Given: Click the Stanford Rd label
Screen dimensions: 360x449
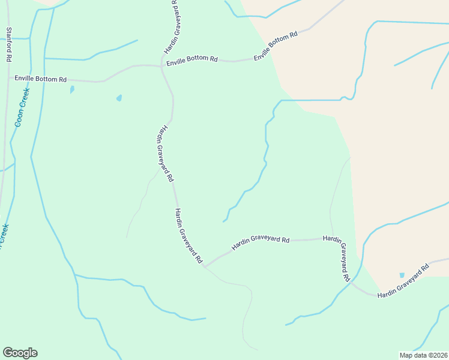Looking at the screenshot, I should pyautogui.click(x=9, y=45).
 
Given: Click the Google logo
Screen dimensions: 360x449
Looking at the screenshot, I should pyautogui.click(x=20, y=353).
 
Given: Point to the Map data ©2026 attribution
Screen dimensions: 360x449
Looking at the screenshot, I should pyautogui.click(x=423, y=355).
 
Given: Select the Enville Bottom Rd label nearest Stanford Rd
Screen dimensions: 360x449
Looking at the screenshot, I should pyautogui.click(x=41, y=79).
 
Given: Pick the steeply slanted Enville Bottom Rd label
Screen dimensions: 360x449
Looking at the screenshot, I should pyautogui.click(x=276, y=46).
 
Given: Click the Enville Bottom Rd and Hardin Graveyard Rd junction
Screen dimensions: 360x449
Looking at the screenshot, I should pyautogui.click(x=160, y=66).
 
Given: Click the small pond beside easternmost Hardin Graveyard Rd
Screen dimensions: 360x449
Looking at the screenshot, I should pyautogui.click(x=402, y=275).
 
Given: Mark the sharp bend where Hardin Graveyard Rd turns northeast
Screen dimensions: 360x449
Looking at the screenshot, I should pyautogui.click(x=205, y=265).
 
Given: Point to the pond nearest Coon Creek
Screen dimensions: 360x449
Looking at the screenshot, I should pyautogui.click(x=72, y=89).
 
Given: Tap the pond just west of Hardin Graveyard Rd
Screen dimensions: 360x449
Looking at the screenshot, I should pyautogui.click(x=119, y=98).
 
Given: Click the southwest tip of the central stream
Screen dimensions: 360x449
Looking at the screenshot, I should pyautogui.click(x=223, y=221).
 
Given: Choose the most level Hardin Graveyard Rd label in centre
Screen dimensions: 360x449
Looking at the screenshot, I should pyautogui.click(x=261, y=240).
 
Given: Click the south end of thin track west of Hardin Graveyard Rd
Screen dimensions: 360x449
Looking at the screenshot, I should pyautogui.click(x=127, y=237).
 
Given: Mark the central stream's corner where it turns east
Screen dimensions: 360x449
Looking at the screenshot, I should pyautogui.click(x=281, y=101).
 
